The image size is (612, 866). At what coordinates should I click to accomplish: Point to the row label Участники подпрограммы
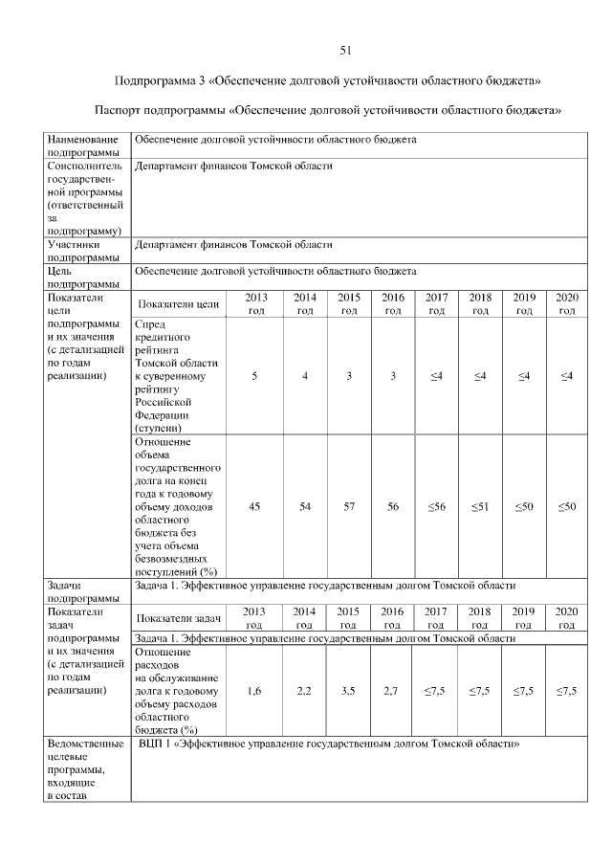pyautogui.click(x=80, y=251)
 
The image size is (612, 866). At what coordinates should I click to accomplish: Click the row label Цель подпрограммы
pyautogui.click(x=80, y=278)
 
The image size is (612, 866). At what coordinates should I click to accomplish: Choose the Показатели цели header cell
pyautogui.click(x=179, y=304)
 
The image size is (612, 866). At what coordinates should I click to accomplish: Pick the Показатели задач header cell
pyautogui.click(x=181, y=618)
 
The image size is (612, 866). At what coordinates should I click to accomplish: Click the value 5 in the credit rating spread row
pyautogui.click(x=254, y=377)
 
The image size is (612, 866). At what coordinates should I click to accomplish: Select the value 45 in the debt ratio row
pyautogui.click(x=254, y=506)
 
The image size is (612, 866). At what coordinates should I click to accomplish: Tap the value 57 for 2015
pyautogui.click(x=349, y=506)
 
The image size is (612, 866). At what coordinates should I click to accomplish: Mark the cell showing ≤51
pyautogui.click(x=480, y=506)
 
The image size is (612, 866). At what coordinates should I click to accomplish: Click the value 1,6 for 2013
pyautogui.click(x=254, y=690)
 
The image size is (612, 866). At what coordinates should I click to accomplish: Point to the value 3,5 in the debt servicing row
pyautogui.click(x=349, y=690)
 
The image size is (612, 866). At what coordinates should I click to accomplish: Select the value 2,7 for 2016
pyautogui.click(x=393, y=690)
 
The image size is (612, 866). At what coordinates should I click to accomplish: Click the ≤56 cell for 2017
pyautogui.click(x=436, y=506)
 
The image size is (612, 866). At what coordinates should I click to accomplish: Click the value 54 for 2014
pyautogui.click(x=305, y=506)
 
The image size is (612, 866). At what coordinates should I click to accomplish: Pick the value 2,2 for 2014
pyautogui.click(x=305, y=690)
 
